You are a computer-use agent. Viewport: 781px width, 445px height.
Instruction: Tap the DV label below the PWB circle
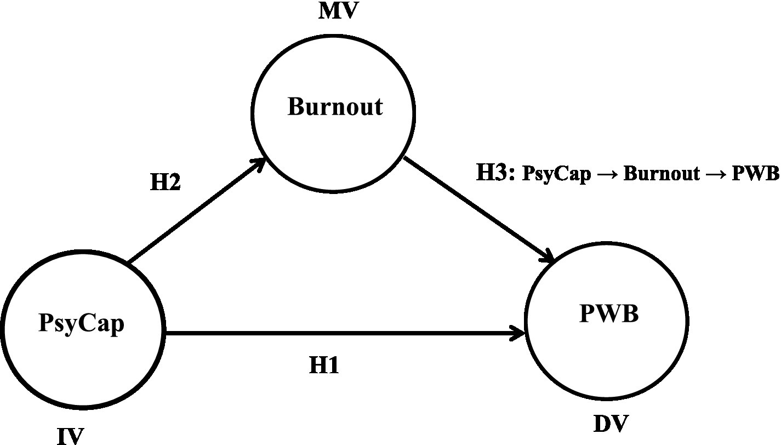coord(611,424)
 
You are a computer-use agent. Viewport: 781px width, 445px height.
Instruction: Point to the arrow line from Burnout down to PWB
coord(477,208)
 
